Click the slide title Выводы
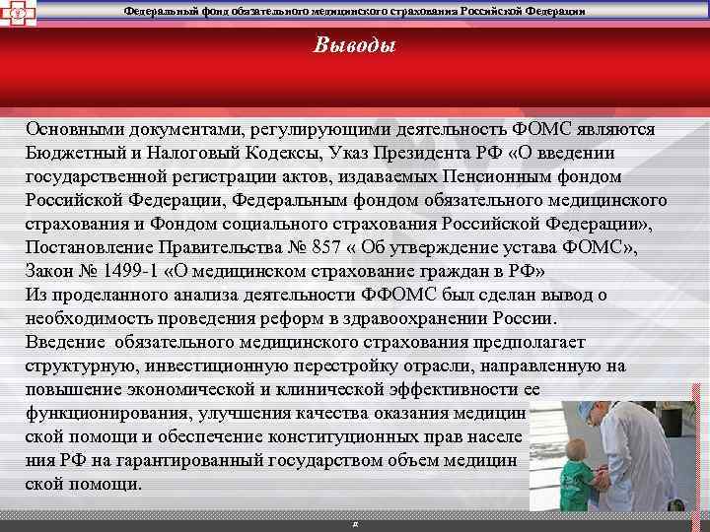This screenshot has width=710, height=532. coord(354,45)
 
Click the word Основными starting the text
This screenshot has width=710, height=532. coord(73,130)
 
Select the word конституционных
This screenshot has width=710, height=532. coord(365,436)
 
